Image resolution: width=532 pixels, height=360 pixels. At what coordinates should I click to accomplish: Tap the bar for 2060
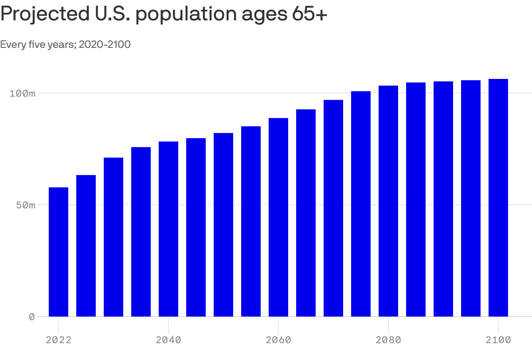pyautogui.click(x=278, y=217)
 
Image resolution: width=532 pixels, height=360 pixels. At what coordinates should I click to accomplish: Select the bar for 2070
pyautogui.click(x=333, y=208)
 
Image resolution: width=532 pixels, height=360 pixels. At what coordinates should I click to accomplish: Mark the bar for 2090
pyautogui.click(x=443, y=199)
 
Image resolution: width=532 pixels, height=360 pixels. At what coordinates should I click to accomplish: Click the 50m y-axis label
pyautogui.click(x=25, y=205)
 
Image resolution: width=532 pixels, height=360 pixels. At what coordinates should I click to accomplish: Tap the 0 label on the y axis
pyautogui.click(x=31, y=317)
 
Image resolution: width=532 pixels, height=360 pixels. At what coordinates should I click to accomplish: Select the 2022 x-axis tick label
pyautogui.click(x=59, y=340)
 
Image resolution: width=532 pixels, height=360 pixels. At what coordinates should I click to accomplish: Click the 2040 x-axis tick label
pyautogui.click(x=168, y=340)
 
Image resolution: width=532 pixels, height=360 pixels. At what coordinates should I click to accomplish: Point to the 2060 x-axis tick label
pyautogui.click(x=278, y=340)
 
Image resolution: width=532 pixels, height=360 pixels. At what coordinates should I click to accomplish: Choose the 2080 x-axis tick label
pyautogui.click(x=388, y=340)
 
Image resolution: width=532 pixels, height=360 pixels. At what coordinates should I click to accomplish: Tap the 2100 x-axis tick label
pyautogui.click(x=498, y=340)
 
